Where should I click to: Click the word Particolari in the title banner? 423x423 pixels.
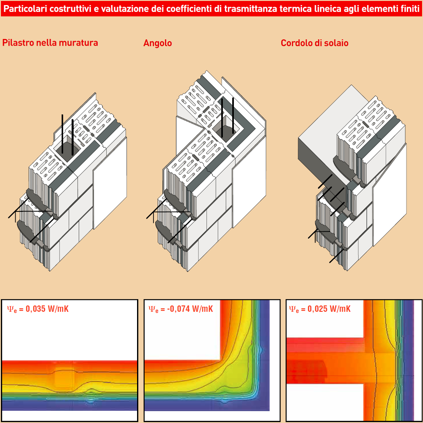[x=26, y=9]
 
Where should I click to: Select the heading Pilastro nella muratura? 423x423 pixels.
[x=50, y=43]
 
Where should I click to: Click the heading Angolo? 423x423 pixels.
[x=157, y=43]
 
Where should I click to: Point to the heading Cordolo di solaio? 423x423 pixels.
[x=315, y=43]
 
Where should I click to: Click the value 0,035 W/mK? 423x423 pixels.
[x=47, y=309]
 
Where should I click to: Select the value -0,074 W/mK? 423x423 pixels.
[x=190, y=309]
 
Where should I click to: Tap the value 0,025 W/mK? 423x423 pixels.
[x=329, y=309]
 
